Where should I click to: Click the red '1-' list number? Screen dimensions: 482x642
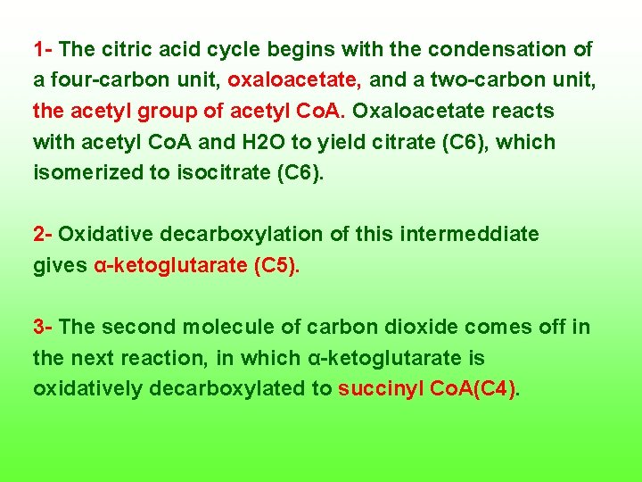pyautogui.click(x=44, y=49)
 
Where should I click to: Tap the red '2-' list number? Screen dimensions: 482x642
pyautogui.click(x=44, y=235)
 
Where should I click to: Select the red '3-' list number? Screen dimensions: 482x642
pyautogui.click(x=44, y=328)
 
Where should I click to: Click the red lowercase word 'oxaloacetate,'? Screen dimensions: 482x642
pyautogui.click(x=294, y=80)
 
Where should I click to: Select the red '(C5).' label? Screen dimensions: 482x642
pyautogui.click(x=277, y=266)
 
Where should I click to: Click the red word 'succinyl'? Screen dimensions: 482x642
pyautogui.click(x=378, y=390)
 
